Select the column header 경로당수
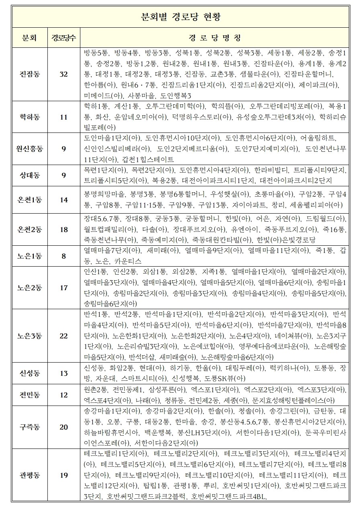tap(64, 38)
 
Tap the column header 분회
tap(30, 38)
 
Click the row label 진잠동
tap(30, 74)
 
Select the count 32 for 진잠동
tap(64, 74)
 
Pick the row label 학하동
tap(30, 117)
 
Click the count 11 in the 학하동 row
tap(64, 117)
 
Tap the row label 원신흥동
tap(30, 149)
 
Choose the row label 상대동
tap(30, 175)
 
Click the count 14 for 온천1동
tap(64, 200)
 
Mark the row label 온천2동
tap(30, 229)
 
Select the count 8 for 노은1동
tap(64, 256)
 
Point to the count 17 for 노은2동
tap(64, 287)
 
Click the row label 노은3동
tap(30, 336)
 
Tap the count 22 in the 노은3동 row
tap(64, 336)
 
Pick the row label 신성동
tap(30, 373)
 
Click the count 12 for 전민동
tap(64, 395)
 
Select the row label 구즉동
tap(30, 427)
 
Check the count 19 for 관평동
tap(64, 475)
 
